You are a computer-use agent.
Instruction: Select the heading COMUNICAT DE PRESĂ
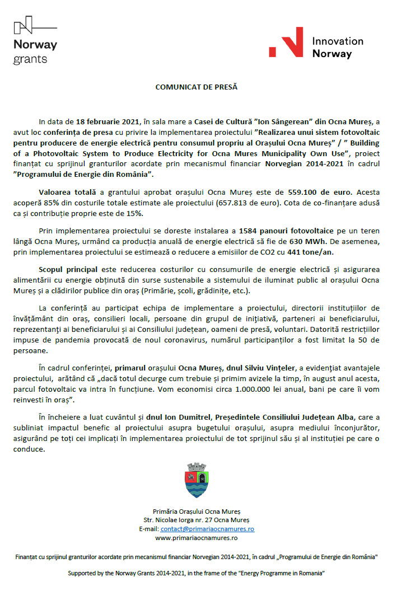point(196,87)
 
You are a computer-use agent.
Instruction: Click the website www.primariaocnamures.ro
point(196,538)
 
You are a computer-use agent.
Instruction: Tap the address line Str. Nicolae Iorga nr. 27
point(196,520)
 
